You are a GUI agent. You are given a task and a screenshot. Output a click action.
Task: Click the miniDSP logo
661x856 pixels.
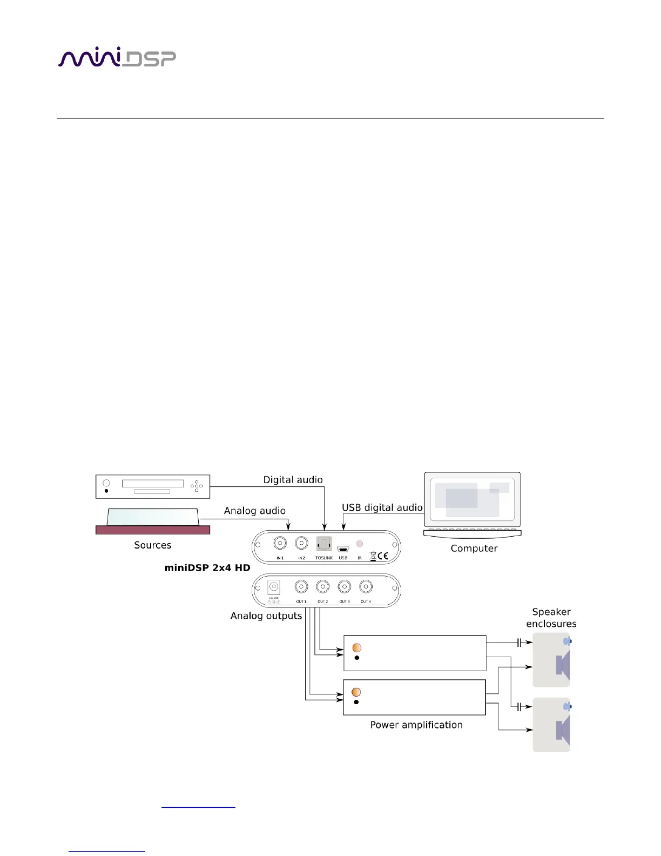click(117, 58)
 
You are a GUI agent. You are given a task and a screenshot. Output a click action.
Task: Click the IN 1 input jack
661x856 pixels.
click(280, 543)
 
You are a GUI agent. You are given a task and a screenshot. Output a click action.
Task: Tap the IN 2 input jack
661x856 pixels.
click(301, 543)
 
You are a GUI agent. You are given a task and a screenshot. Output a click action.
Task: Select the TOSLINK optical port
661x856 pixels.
click(323, 544)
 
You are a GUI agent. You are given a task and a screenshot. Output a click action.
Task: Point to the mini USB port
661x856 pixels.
click(343, 549)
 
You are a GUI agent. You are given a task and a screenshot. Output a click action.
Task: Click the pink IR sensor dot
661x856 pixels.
click(359, 544)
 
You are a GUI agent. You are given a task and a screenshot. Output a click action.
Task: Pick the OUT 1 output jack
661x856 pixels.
click(301, 586)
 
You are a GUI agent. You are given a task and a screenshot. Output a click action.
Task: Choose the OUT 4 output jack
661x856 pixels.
click(366, 586)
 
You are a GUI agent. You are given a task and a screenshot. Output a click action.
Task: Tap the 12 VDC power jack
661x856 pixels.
click(274, 587)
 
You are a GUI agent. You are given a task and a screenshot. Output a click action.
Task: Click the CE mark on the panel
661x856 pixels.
click(382, 556)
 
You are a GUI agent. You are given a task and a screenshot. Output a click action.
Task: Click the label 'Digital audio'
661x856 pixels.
click(293, 480)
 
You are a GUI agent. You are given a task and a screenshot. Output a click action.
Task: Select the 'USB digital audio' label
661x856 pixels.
click(382, 507)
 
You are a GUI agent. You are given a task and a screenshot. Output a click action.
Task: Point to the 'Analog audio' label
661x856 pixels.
click(254, 511)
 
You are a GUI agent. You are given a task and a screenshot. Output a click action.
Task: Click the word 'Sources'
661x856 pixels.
click(152, 545)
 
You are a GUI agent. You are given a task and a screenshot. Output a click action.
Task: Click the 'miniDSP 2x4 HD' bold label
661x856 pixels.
click(207, 568)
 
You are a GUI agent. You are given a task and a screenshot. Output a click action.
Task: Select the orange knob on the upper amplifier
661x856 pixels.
click(356, 647)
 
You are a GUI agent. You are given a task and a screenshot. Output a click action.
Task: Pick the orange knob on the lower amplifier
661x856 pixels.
click(356, 692)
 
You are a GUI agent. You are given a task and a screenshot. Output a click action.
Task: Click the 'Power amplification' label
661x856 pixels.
click(416, 725)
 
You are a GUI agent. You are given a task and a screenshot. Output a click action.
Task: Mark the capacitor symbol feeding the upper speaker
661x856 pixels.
click(519, 643)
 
